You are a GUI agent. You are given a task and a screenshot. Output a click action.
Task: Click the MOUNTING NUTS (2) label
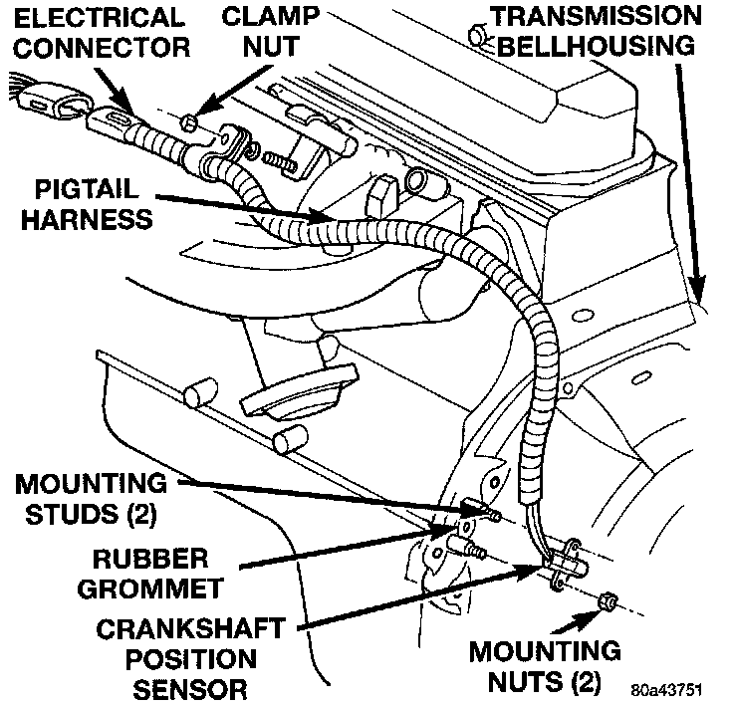(546, 668)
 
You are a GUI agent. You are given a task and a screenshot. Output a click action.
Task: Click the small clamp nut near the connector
(190, 121)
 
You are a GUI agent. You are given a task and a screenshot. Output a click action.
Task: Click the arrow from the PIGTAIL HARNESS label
(249, 207)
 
